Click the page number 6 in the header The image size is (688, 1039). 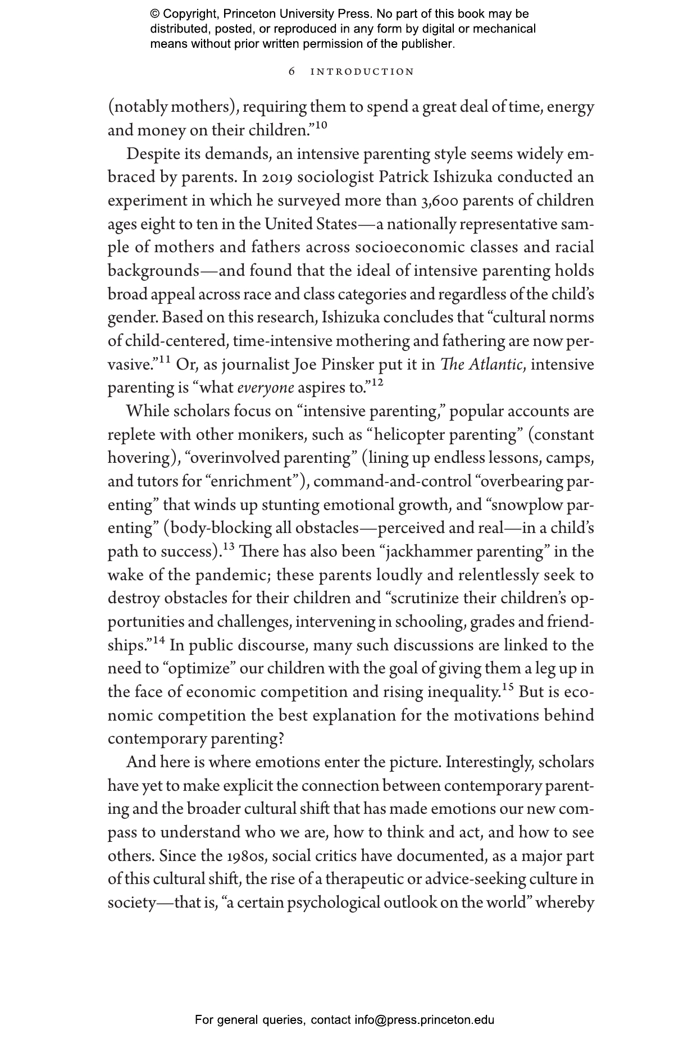(291, 72)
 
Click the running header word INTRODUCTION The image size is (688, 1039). (362, 72)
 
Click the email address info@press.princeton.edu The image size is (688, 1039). (424, 1020)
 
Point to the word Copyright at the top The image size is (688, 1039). (189, 14)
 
